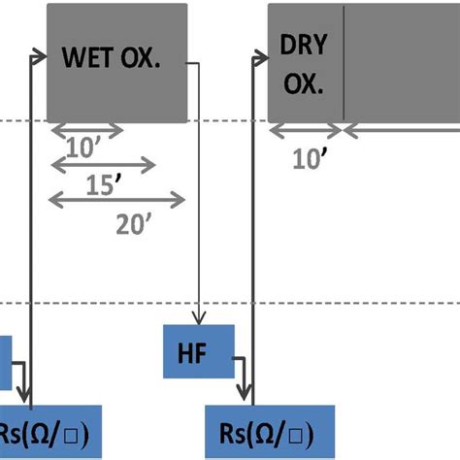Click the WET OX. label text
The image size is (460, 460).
(123, 58)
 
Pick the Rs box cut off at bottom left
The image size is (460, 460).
(54, 432)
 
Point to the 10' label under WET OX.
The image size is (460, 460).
(86, 148)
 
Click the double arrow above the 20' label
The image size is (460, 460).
(116, 200)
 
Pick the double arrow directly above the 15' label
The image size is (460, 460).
(102, 165)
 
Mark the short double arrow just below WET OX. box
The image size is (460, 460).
(86, 129)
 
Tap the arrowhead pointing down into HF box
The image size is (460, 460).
(200, 323)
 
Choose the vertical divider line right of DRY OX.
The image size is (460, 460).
(344, 62)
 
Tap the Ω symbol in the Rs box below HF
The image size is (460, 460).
(274, 431)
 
